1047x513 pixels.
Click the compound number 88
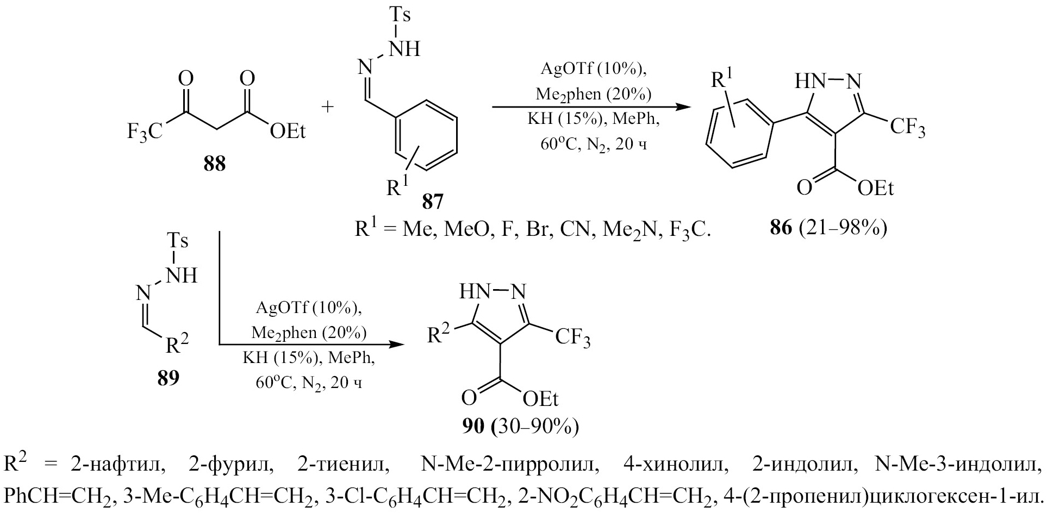(x=215, y=164)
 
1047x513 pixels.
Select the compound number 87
(x=432, y=202)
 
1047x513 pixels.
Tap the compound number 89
(x=168, y=378)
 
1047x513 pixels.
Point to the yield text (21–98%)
(x=843, y=228)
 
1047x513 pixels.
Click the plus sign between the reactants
(x=327, y=107)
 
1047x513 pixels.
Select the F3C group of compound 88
(x=144, y=131)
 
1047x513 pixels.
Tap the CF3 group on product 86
(x=907, y=129)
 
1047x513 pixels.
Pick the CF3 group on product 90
(x=572, y=339)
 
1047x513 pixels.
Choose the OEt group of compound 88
(x=288, y=131)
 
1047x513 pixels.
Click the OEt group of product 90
(x=540, y=399)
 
